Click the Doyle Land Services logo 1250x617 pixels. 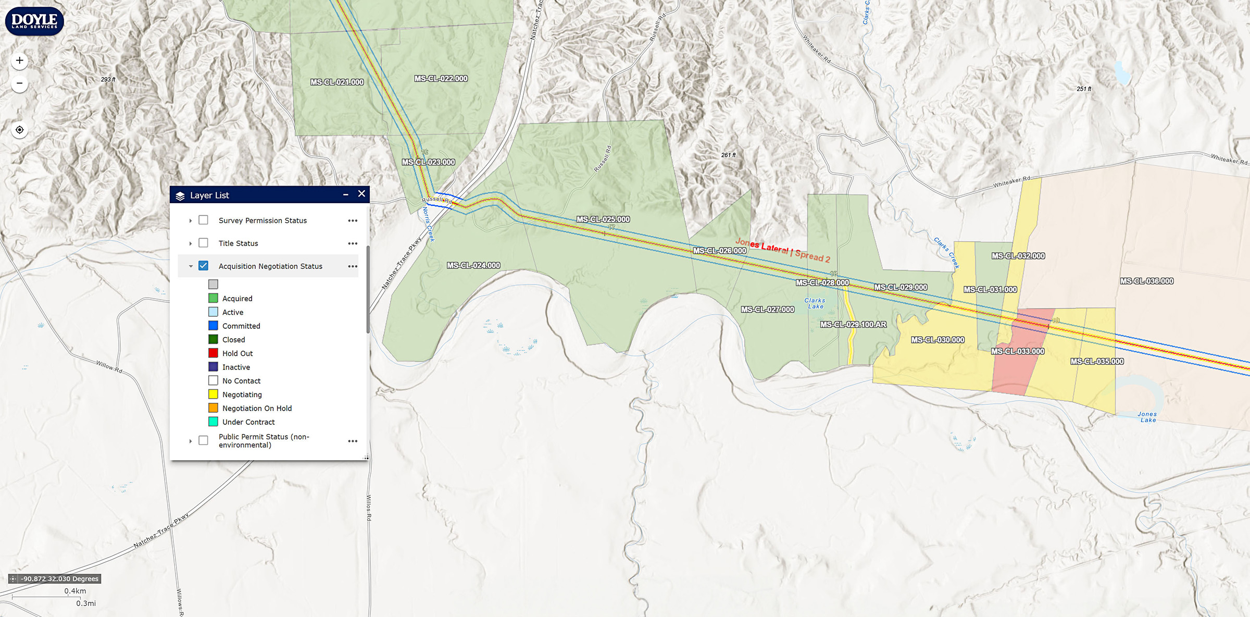click(34, 21)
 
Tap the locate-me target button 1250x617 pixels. click(20, 130)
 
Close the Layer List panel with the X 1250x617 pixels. click(361, 194)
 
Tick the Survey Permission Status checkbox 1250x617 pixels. click(204, 220)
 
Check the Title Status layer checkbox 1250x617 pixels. click(204, 243)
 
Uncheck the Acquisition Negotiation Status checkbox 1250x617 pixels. click(204, 266)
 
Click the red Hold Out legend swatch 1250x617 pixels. click(213, 353)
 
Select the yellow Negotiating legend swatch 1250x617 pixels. click(213, 394)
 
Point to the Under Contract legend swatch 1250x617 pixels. click(213, 422)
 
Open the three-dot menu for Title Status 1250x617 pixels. click(353, 243)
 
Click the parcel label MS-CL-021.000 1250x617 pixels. click(337, 82)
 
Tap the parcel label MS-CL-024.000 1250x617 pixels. click(473, 266)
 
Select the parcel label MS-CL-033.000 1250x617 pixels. click(1018, 352)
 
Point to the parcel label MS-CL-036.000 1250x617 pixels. click(1147, 281)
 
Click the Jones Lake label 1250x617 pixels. click(1147, 417)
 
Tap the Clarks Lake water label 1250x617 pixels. click(815, 303)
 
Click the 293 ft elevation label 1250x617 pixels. click(108, 80)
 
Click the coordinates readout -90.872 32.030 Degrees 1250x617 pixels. click(59, 579)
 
